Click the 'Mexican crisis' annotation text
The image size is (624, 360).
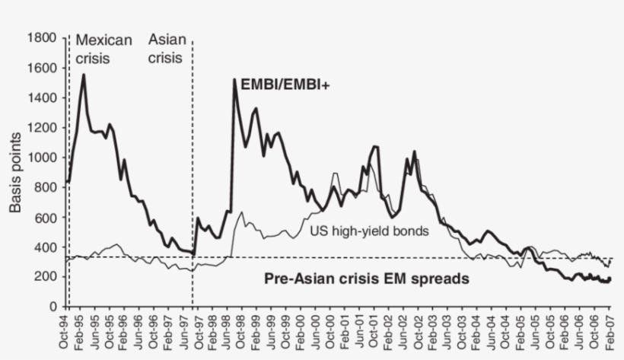coord(103,48)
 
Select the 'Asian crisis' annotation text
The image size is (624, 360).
coord(165,48)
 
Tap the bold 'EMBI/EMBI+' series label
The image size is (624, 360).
coord(289,85)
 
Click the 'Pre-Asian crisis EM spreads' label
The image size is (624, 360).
coord(366,279)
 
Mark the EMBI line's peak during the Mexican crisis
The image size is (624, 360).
coord(83,75)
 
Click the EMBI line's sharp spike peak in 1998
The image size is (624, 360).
coord(234,79)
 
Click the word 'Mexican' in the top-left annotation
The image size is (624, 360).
coord(103,40)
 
